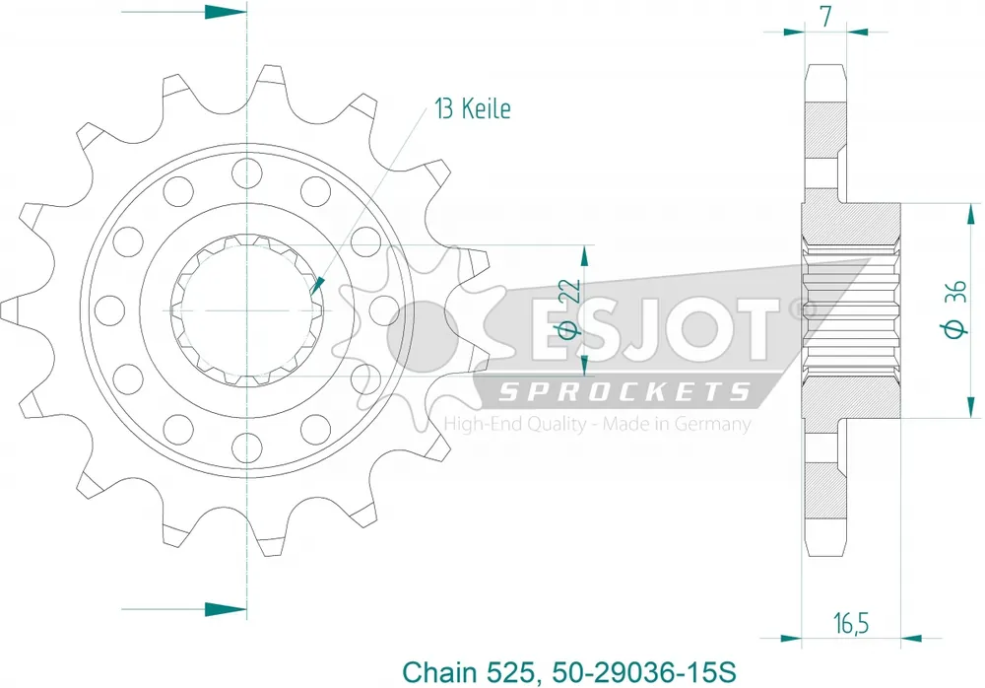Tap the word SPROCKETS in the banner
click(624, 393)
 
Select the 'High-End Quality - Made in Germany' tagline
click(598, 425)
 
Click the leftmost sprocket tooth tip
click(8, 309)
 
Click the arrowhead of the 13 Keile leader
click(316, 288)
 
